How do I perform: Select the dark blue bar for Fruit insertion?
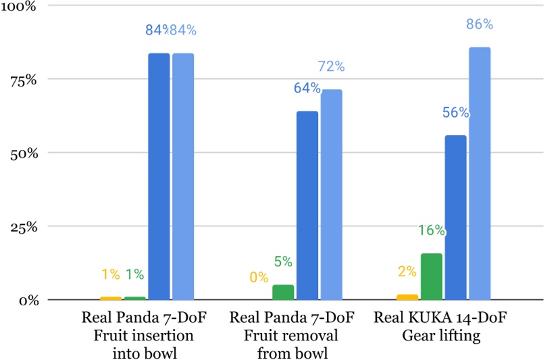pyautogui.click(x=159, y=176)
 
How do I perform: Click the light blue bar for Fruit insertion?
pyautogui.click(x=183, y=176)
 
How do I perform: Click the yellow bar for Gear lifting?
pyautogui.click(x=407, y=297)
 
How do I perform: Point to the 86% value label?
pyautogui.click(x=479, y=24)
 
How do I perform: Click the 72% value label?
pyautogui.click(x=332, y=66)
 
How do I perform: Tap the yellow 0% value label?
pyautogui.click(x=259, y=277)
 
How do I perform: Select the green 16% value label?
pyautogui.click(x=432, y=230)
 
